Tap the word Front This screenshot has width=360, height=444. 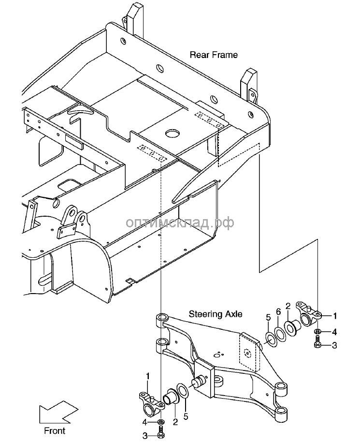(55, 430)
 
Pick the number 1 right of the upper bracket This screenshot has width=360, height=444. (335, 316)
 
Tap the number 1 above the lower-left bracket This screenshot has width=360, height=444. (148, 375)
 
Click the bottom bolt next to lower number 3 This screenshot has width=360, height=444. (161, 432)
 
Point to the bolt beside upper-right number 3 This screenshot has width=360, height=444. (317, 345)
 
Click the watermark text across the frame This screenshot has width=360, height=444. (180, 222)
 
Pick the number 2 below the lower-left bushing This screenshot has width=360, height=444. (175, 422)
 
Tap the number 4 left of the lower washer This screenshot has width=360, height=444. (144, 422)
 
